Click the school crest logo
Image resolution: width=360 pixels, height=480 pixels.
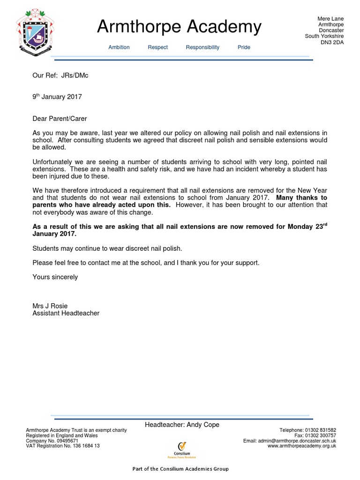[36, 32]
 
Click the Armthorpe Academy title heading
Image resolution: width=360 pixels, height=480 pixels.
[179, 27]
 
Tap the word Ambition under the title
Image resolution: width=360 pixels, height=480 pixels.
[119, 47]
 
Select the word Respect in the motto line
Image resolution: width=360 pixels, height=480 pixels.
[157, 47]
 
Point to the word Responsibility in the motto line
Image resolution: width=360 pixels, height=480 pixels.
[202, 47]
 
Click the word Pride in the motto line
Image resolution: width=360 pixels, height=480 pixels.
[244, 47]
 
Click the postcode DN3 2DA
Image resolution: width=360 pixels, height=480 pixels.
[331, 42]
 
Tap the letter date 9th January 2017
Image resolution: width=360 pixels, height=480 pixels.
[57, 97]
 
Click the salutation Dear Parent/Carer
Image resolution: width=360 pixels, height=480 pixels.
[60, 119]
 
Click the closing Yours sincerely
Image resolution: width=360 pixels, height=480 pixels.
[55, 277]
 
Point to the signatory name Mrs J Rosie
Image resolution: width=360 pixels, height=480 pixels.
[50, 306]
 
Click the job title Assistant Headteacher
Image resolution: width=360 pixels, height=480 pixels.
[66, 313]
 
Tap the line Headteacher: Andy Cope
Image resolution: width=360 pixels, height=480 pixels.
[182, 425]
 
